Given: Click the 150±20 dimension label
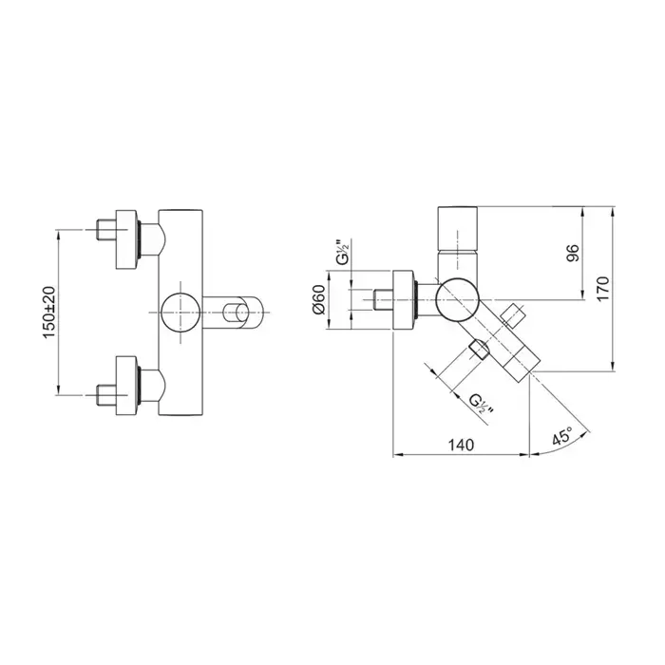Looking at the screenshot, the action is (x=49, y=313).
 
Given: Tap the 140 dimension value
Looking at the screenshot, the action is (x=461, y=445).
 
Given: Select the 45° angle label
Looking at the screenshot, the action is (x=562, y=435).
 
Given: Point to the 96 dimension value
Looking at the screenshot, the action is (x=573, y=253).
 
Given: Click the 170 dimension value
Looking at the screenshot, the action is (x=602, y=289).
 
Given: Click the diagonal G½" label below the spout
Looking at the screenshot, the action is (x=481, y=404).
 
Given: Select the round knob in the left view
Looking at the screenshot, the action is (x=180, y=313).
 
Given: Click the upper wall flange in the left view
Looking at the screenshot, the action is (x=127, y=238).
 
